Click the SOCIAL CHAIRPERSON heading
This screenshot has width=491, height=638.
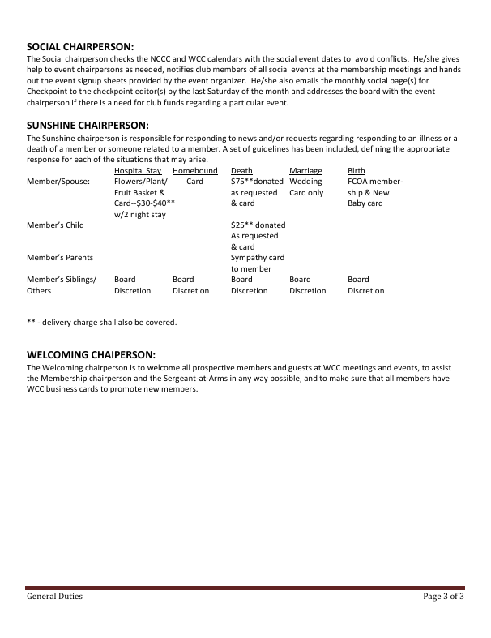80,47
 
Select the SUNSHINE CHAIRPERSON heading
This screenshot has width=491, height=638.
88,126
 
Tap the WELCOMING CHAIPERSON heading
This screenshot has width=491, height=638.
91,354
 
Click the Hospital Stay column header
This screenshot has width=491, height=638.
138,171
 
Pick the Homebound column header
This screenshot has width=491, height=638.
195,171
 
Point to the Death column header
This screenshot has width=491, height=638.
241,171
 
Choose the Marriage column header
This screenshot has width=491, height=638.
305,171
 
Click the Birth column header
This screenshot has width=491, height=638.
356,171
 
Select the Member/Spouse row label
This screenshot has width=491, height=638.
58,182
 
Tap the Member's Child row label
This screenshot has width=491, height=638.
55,225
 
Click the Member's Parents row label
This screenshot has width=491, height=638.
60,258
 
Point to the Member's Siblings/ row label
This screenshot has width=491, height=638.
62,280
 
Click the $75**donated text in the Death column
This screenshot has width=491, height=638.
258,182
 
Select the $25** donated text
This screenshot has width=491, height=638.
258,225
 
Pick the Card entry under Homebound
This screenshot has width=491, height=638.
194,182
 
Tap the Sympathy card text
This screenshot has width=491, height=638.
258,258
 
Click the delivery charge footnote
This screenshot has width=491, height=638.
101,322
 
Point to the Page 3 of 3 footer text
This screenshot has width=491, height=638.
443,597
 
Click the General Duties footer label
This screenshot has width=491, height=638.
55,597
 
